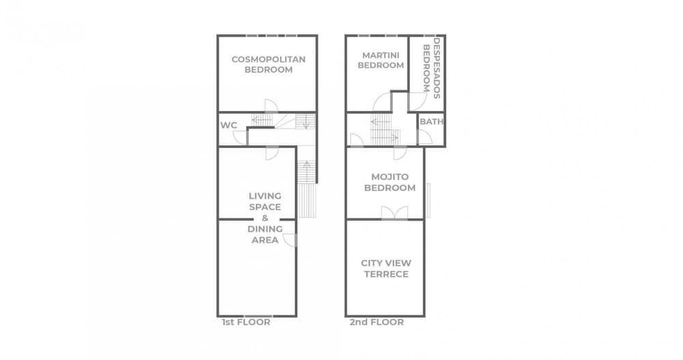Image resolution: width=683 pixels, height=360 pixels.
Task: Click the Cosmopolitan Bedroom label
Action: tap(268, 64)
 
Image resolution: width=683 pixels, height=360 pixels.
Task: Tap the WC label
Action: tap(229, 126)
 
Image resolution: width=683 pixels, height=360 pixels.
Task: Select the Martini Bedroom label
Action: tap(380, 60)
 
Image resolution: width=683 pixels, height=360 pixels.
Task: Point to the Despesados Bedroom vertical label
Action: tap(432, 68)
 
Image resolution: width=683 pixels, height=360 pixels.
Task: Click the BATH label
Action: tap(431, 122)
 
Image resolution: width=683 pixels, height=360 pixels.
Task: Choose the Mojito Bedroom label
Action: tap(390, 182)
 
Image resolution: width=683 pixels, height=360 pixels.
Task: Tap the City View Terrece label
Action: tap(386, 268)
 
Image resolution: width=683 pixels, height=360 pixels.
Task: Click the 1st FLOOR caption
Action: tap(246, 322)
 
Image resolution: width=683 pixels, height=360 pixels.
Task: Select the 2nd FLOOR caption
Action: tap(376, 322)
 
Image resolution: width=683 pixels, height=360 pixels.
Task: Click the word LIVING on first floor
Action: tap(265, 196)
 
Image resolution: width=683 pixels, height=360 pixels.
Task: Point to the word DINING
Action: tap(265, 229)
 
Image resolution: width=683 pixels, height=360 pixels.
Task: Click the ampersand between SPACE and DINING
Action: tap(265, 218)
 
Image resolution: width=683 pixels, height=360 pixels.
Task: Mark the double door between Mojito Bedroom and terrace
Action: tap(395, 213)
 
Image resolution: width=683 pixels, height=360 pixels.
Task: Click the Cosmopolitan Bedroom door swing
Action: tap(272, 106)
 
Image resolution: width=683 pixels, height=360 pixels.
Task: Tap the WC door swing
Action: tap(240, 138)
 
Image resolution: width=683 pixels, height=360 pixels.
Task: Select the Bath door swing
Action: tap(426, 137)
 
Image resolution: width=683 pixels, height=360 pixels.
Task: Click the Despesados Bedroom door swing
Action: tap(417, 102)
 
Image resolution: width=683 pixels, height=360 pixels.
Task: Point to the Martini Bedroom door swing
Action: tap(382, 102)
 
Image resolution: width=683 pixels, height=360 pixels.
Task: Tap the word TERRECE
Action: tap(386, 274)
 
